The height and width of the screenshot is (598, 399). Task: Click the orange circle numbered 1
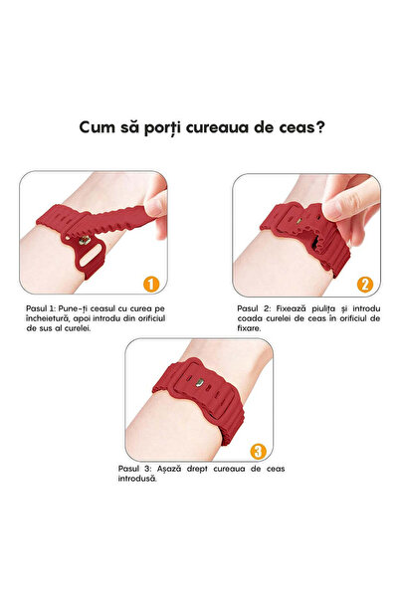click(x=151, y=285)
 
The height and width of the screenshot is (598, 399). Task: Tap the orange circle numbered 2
click(x=364, y=285)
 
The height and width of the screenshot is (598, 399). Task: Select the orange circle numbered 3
click(x=259, y=448)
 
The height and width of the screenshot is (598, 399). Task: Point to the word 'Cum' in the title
click(x=100, y=128)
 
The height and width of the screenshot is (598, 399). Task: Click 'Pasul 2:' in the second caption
click(x=255, y=309)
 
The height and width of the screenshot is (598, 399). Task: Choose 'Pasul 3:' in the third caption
click(x=147, y=467)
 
